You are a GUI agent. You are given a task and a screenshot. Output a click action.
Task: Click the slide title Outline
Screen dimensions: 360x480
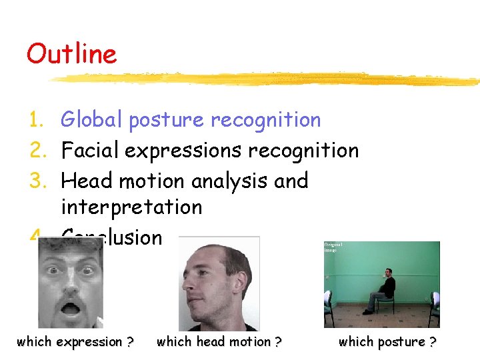(71, 53)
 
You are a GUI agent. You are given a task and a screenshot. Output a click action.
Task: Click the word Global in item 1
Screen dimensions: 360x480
(91, 120)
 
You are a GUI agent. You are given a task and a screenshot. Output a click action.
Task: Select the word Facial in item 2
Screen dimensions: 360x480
(90, 151)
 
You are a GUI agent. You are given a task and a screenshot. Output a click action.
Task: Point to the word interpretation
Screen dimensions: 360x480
(131, 207)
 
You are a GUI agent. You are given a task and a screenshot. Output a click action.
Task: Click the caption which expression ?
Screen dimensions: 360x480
(75, 342)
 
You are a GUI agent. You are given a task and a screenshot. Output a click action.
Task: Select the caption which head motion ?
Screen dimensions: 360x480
(219, 342)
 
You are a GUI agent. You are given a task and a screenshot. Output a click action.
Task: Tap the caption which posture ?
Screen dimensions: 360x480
(387, 342)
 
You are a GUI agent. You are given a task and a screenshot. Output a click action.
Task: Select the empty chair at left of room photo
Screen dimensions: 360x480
(329, 303)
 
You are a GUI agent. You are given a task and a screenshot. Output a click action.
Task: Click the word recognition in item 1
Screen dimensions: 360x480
(265, 120)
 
